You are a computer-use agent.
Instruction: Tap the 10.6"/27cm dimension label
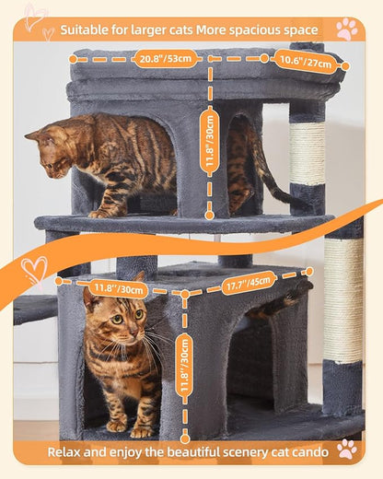pyautogui.click(x=305, y=64)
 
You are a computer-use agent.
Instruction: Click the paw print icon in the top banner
pyautogui.click(x=346, y=29)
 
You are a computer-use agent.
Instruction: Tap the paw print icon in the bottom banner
pyautogui.click(x=346, y=449)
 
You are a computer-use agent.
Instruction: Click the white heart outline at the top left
pyautogui.click(x=36, y=18)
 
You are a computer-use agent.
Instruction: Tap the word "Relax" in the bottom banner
pyautogui.click(x=69, y=450)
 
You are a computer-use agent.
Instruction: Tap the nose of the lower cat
pyautogui.click(x=113, y=333)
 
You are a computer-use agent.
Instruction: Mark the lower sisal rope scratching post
pyautogui.click(x=342, y=299)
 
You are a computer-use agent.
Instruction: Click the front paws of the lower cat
pyautogui.click(x=129, y=427)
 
